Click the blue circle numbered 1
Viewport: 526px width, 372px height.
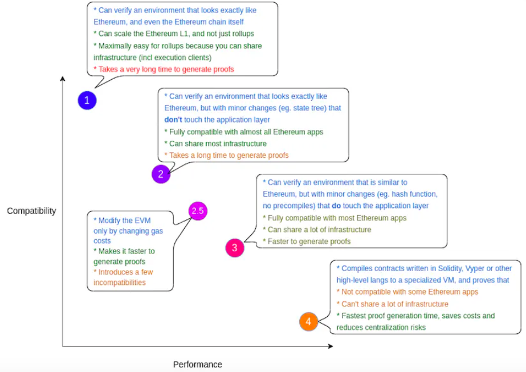pyautogui.click(x=87, y=100)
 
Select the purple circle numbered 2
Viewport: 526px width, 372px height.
pyautogui.click(x=161, y=174)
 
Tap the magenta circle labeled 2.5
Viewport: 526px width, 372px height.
pyautogui.click(x=198, y=211)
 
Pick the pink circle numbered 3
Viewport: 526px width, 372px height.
pyautogui.click(x=235, y=248)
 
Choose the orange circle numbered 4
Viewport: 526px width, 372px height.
pyautogui.click(x=309, y=322)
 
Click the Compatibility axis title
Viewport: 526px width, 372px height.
pyautogui.click(x=31, y=211)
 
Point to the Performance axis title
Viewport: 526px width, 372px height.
pyautogui.click(x=198, y=364)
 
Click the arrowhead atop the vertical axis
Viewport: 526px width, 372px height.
pyautogui.click(x=62, y=78)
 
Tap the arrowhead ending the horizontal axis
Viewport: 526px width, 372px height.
pyautogui.click(x=331, y=346)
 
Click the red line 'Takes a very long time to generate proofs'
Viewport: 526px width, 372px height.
pyautogui.click(x=164, y=70)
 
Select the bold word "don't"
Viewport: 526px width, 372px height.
pyautogui.click(x=173, y=120)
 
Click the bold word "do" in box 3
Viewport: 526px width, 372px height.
pyautogui.click(x=336, y=206)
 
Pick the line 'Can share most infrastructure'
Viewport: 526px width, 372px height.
pyautogui.click(x=215, y=144)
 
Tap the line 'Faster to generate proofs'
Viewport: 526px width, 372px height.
pyautogui.click(x=307, y=242)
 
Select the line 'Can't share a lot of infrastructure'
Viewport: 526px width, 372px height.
pyautogui.click(x=393, y=304)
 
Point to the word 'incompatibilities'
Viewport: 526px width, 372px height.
pyautogui.click(x=120, y=283)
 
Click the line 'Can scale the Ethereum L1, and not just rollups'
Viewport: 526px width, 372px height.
pyautogui.click(x=174, y=34)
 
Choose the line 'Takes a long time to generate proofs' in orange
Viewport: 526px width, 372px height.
pyautogui.click(x=226, y=156)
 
